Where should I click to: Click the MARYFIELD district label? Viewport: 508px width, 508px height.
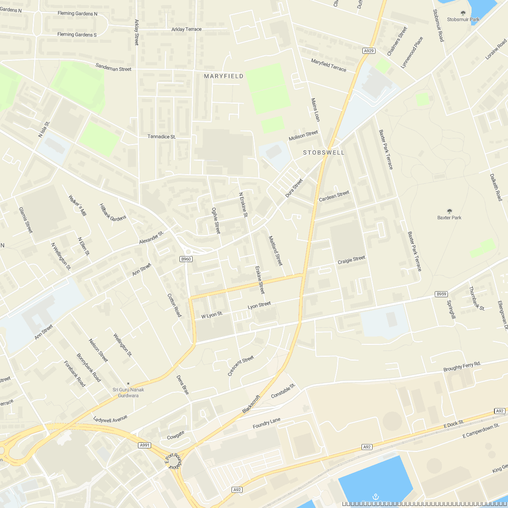click(x=224, y=76)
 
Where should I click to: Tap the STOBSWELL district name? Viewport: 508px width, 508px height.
click(x=324, y=152)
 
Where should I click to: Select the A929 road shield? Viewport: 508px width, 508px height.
click(x=369, y=51)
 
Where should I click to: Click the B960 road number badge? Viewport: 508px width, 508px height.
click(x=186, y=259)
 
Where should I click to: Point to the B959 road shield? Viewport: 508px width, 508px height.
click(x=441, y=294)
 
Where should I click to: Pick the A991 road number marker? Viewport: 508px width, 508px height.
click(x=145, y=445)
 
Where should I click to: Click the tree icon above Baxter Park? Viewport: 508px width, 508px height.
click(x=450, y=211)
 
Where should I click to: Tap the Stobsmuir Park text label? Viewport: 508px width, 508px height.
click(x=463, y=19)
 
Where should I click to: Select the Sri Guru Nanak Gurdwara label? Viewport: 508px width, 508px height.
click(x=128, y=392)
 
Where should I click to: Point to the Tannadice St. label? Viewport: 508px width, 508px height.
click(x=162, y=137)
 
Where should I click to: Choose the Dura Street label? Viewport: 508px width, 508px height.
click(x=294, y=188)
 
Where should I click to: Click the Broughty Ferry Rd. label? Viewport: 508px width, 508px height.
click(x=462, y=367)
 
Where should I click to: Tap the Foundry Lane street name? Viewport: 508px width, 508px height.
click(x=267, y=423)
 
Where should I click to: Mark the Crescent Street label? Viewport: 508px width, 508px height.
click(x=240, y=366)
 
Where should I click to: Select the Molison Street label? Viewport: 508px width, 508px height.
click(x=303, y=136)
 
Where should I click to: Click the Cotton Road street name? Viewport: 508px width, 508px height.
click(x=174, y=305)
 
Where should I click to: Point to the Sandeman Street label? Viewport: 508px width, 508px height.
click(x=113, y=67)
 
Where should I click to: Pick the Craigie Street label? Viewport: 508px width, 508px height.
click(x=351, y=260)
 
